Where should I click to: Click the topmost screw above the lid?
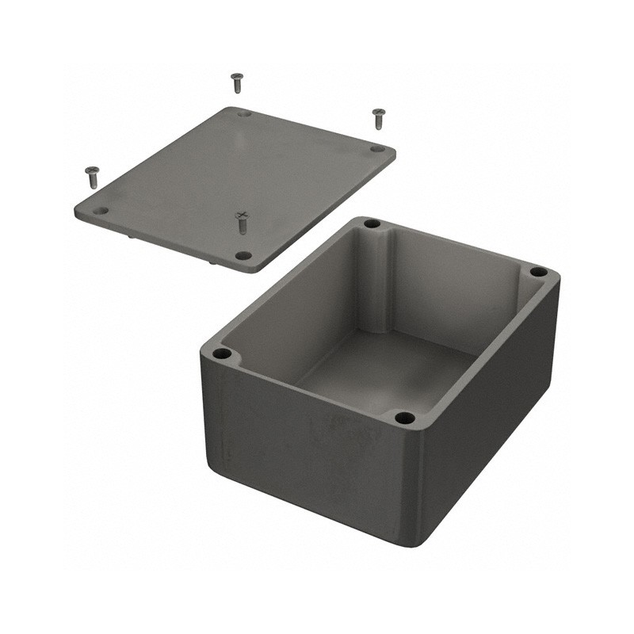(x=236, y=82)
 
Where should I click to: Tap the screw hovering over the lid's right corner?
(x=379, y=118)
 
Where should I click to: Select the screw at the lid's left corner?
(x=92, y=176)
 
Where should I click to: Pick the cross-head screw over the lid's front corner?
(x=243, y=222)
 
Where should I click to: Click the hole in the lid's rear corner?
(x=244, y=114)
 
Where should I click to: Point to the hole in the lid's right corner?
(x=377, y=148)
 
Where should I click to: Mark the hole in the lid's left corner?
(x=101, y=211)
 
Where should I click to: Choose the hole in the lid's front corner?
(x=244, y=255)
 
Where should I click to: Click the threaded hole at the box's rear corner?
(x=372, y=224)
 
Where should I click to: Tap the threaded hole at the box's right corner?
(x=538, y=272)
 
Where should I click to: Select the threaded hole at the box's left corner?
(x=223, y=353)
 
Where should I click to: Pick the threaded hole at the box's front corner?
(x=404, y=418)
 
